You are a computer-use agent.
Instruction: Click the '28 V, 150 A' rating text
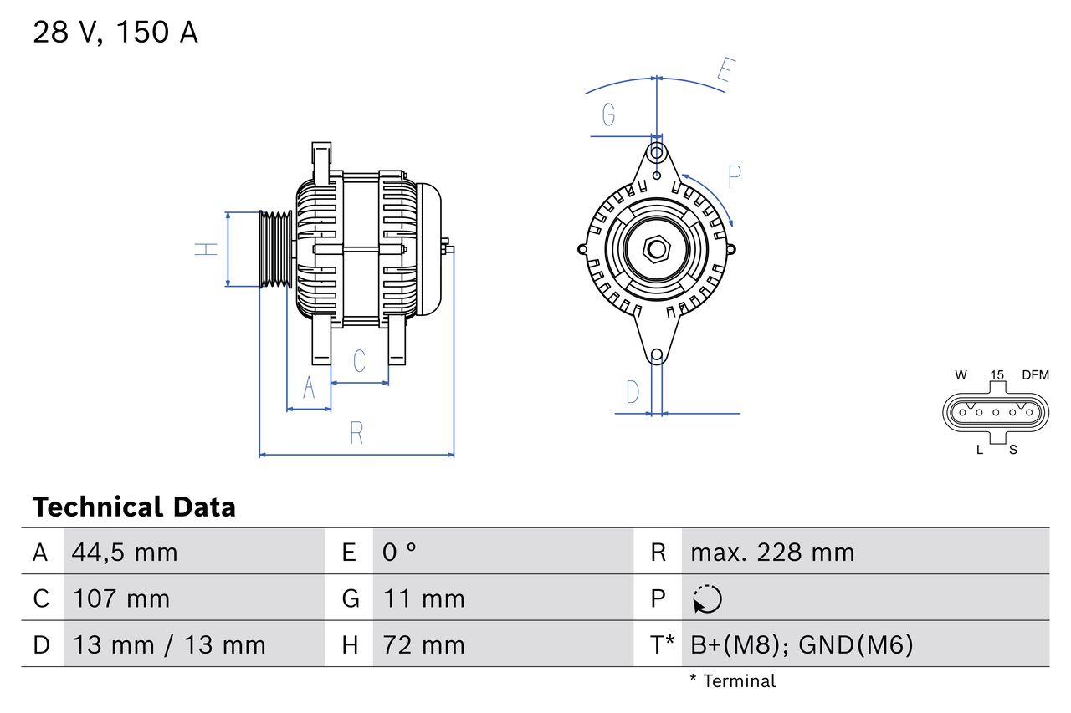pos(115,33)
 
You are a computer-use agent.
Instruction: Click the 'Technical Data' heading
pos(134,507)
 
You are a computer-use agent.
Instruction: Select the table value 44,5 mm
pos(125,552)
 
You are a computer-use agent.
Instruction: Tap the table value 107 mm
pos(121,598)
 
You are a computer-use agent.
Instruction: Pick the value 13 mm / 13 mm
pos(169,644)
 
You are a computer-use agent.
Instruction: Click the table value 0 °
pos(400,552)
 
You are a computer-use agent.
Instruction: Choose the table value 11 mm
pos(424,598)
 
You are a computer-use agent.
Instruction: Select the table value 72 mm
pos(424,644)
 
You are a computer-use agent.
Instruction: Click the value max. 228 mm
pos(772,552)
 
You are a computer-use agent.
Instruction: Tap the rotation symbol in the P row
pos(707,599)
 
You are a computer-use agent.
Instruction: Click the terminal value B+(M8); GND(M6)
pos(802,644)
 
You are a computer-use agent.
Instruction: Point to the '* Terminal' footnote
pos(733,681)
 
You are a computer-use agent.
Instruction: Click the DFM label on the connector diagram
pos(1034,375)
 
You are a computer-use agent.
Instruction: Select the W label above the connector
pos(961,375)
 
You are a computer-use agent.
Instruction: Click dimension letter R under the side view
pos(356,433)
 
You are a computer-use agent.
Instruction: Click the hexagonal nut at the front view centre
pos(657,249)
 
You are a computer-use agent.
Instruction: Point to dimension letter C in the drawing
pos(359,361)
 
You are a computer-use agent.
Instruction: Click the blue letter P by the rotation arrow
pos(734,177)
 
